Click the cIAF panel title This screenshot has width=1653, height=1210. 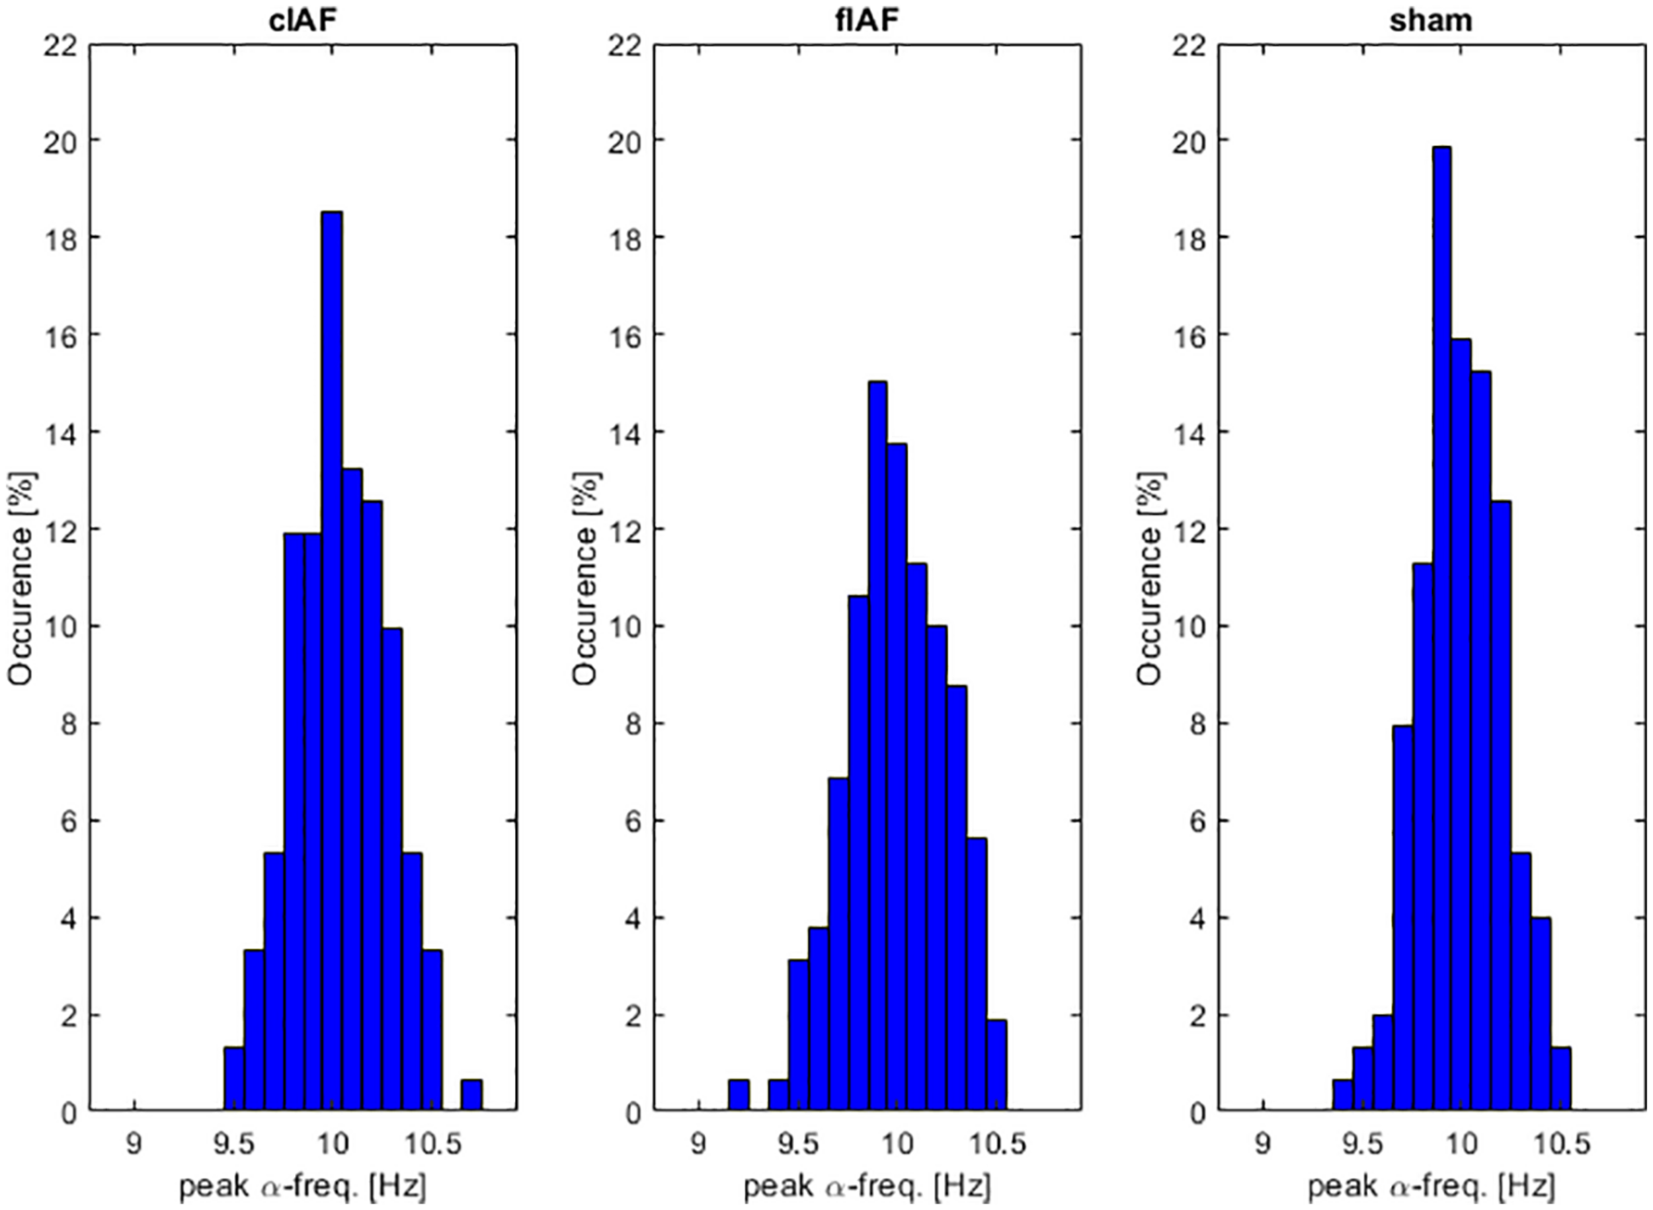pos(302,20)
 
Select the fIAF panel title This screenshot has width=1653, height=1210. pos(867,20)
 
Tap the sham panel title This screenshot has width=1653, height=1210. pos(1430,20)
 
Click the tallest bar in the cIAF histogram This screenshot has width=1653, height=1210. pos(332,660)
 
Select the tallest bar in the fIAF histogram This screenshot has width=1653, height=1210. pos(877,747)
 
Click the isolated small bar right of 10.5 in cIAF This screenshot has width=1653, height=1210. pos(471,1096)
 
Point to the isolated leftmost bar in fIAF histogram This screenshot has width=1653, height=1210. pos(738,1096)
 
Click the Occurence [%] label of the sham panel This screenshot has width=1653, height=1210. pos(1151,579)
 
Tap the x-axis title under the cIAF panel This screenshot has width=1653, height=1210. pos(302,1187)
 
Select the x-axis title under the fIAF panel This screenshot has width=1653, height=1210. pos(867,1187)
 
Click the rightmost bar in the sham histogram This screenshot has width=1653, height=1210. pos(1560,1080)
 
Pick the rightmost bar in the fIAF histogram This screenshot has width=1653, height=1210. pos(996,1066)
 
